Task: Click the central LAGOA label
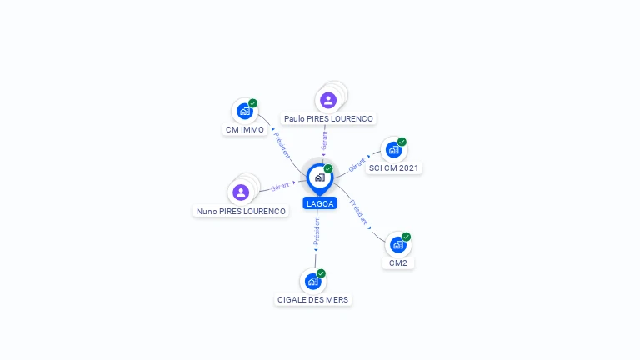(x=320, y=203)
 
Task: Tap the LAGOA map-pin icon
(x=320, y=179)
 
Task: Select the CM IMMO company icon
(x=245, y=111)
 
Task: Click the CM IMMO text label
(x=245, y=130)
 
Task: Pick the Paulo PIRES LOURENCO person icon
(x=328, y=100)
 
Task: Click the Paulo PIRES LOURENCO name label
(x=328, y=119)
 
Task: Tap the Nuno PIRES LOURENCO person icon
(x=241, y=192)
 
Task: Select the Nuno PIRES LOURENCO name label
(x=241, y=212)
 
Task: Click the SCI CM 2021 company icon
(x=394, y=150)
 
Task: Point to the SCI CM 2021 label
(x=394, y=168)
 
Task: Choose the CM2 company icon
(x=398, y=245)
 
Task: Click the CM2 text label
(x=398, y=263)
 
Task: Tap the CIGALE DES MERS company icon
(x=313, y=281)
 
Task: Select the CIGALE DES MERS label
(x=313, y=300)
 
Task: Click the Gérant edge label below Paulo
(x=324, y=140)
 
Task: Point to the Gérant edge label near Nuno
(x=280, y=187)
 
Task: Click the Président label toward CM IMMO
(x=282, y=145)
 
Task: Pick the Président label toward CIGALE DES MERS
(x=317, y=231)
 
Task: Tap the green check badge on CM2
(x=406, y=237)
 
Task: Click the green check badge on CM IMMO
(x=253, y=103)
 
